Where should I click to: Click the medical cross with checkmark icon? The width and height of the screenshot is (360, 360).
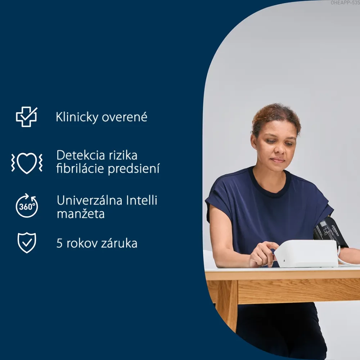click(26, 117)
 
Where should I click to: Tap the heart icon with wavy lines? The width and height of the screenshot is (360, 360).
click(27, 163)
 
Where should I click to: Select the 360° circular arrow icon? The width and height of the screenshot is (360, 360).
click(27, 206)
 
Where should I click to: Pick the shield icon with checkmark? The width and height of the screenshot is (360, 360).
click(27, 243)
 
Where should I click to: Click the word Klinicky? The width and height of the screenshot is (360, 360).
click(77, 117)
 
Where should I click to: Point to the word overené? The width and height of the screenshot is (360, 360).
click(125, 117)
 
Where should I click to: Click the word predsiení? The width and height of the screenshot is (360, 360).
click(134, 169)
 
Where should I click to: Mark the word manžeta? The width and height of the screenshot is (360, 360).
click(81, 214)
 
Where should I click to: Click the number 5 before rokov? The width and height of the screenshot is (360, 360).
click(59, 243)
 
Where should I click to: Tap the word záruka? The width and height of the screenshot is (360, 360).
click(119, 243)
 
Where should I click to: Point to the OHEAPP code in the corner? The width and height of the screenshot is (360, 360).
click(345, 3)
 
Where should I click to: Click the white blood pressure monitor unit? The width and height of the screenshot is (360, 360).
click(306, 253)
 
